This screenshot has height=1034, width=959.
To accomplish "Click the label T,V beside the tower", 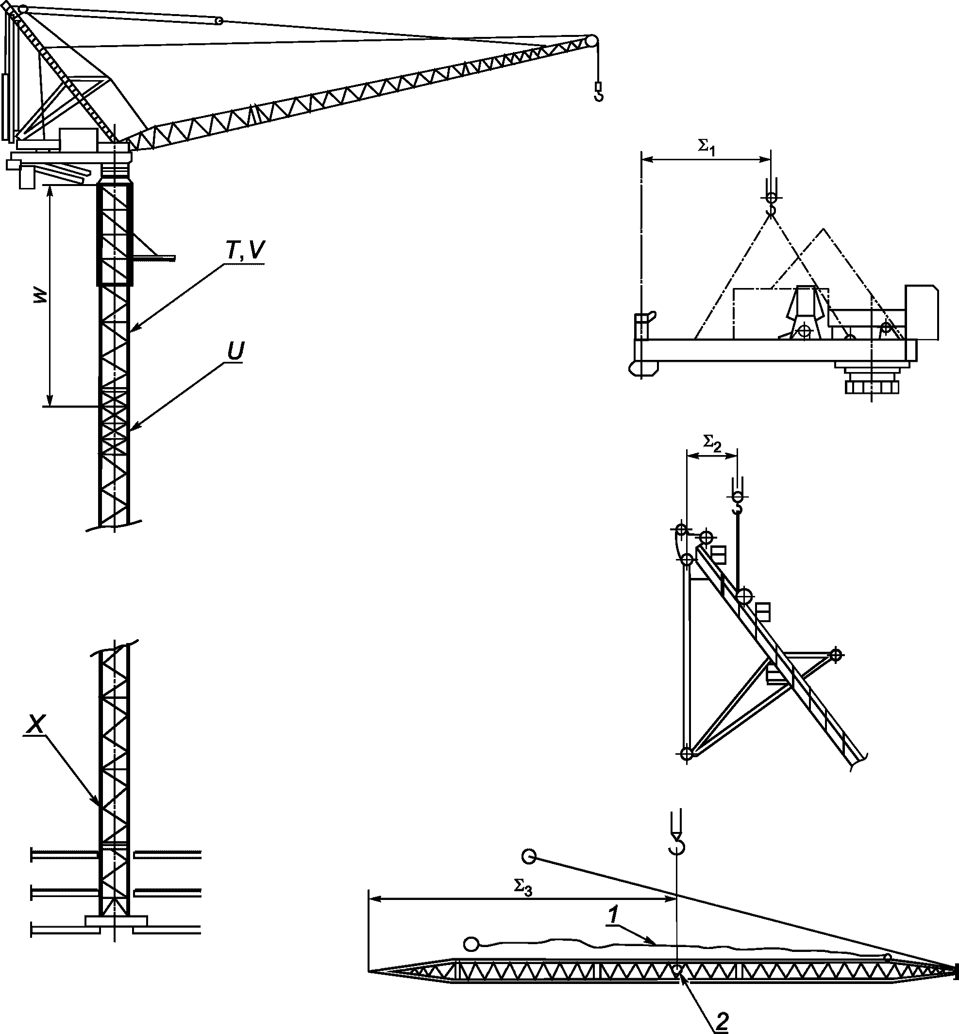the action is coord(244,251).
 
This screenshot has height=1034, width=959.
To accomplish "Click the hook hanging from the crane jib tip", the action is coord(598,92).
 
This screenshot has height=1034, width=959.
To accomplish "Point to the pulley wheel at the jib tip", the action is coord(591,42).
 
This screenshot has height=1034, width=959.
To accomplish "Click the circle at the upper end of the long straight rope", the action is coord(529,856).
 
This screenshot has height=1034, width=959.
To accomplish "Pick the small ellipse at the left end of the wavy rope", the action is coord(470,944).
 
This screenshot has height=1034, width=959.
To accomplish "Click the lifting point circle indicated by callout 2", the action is coord(677,969).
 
